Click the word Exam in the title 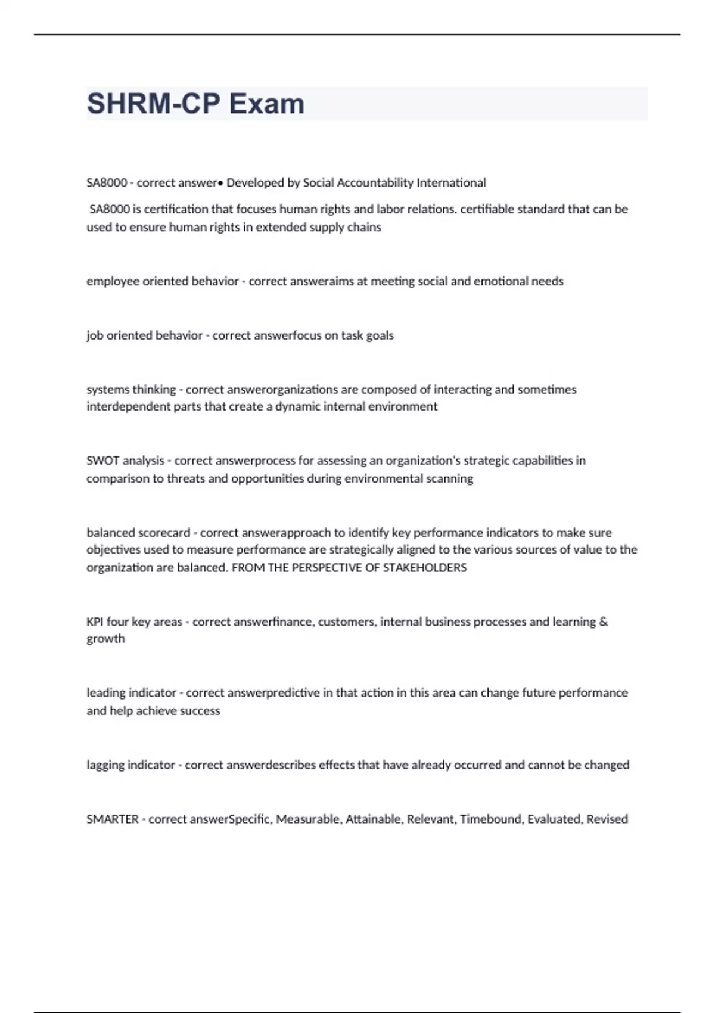point(266,104)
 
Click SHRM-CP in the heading point(154,104)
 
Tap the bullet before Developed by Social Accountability point(220,183)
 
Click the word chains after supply point(365,227)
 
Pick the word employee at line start point(112,281)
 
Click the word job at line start point(94,335)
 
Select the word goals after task point(380,335)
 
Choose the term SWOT point(102,461)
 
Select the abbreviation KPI point(95,622)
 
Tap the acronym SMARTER point(112,819)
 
